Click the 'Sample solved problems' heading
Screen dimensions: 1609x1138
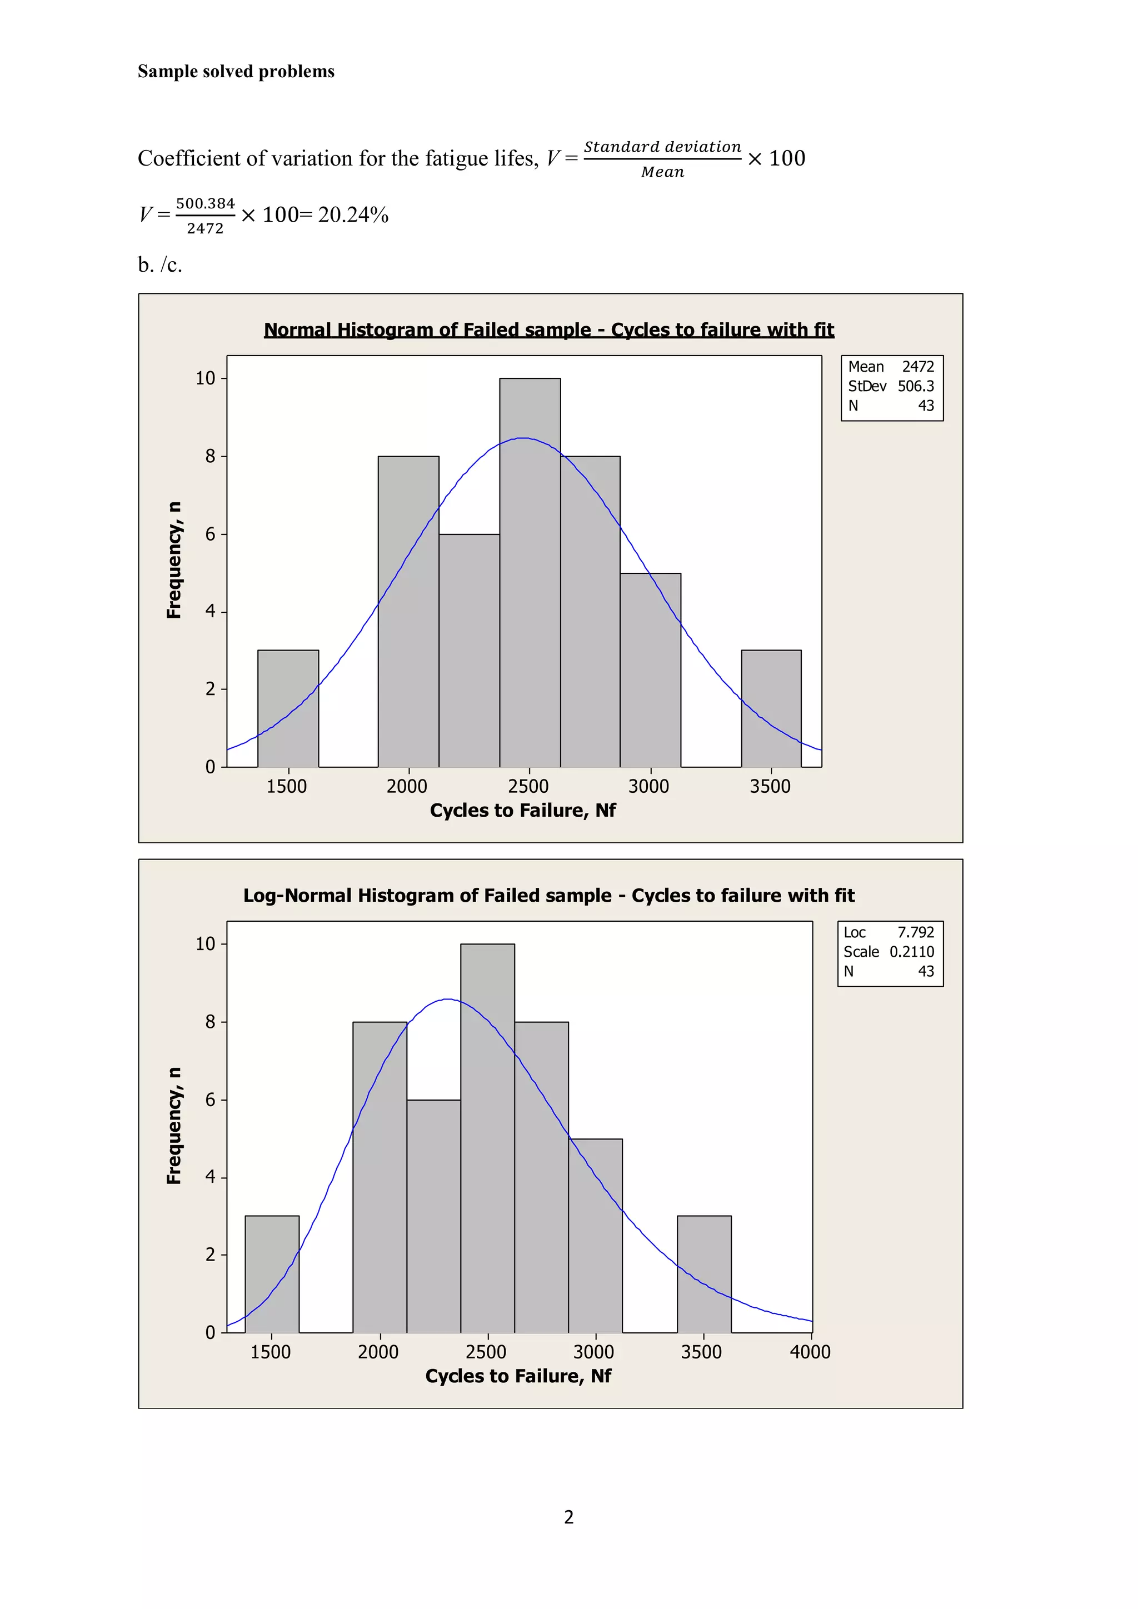pyautogui.click(x=236, y=72)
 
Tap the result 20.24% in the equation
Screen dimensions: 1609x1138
pyautogui.click(x=353, y=214)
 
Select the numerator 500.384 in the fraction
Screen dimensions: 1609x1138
pyautogui.click(x=205, y=203)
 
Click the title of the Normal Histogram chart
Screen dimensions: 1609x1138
pyautogui.click(x=548, y=329)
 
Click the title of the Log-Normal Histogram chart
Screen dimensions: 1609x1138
pyautogui.click(x=548, y=895)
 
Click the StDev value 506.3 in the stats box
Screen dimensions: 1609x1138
pyautogui.click(x=916, y=386)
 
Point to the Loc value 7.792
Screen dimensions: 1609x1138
pyautogui.click(x=916, y=932)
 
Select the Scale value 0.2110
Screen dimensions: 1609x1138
pyautogui.click(x=912, y=952)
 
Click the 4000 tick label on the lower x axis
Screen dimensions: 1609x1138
pyautogui.click(x=810, y=1352)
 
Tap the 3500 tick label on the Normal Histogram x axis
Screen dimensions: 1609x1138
pyautogui.click(x=770, y=786)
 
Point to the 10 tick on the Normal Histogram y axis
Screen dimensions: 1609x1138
pyautogui.click(x=205, y=378)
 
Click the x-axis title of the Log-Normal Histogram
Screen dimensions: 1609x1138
pyautogui.click(x=518, y=1376)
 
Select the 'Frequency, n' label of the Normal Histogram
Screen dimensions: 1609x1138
pyautogui.click(x=174, y=560)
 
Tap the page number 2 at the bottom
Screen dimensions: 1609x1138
pyautogui.click(x=569, y=1517)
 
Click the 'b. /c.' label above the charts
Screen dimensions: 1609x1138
pyautogui.click(x=160, y=265)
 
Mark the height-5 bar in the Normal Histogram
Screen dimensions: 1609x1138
pyautogui.click(x=650, y=670)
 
